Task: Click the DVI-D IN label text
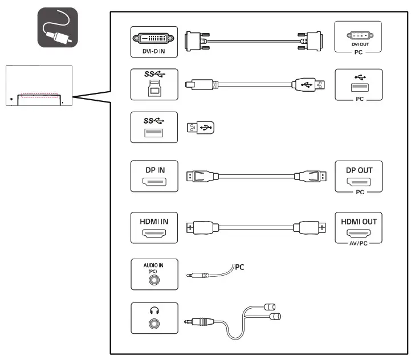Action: click(153, 51)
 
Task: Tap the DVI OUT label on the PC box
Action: click(360, 44)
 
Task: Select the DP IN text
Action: click(155, 170)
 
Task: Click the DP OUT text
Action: click(359, 170)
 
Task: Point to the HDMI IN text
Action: click(154, 222)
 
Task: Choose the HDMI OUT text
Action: click(359, 222)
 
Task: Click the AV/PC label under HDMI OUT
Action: click(359, 243)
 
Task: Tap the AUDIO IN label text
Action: click(153, 265)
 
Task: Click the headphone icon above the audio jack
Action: click(154, 310)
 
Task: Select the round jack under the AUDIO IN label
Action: click(154, 280)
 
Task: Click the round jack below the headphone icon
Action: click(154, 324)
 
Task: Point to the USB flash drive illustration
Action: click(201, 128)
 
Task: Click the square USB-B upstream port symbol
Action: click(154, 88)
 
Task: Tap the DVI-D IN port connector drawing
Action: click(153, 38)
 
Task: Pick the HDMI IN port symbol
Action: click(154, 233)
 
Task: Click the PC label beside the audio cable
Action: click(239, 267)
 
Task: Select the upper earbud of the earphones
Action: click(270, 306)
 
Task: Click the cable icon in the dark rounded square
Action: click(58, 27)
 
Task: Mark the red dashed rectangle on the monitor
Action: click(39, 95)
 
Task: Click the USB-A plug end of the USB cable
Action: click(308, 85)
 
